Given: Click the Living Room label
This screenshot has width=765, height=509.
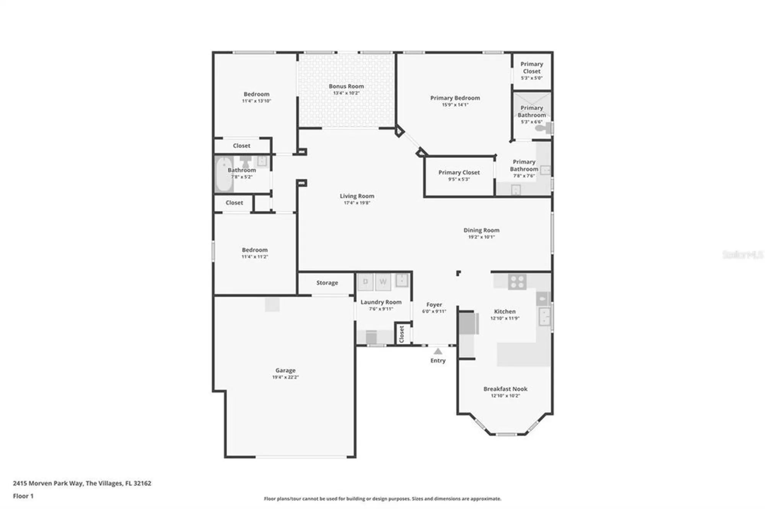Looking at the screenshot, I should pos(357,196).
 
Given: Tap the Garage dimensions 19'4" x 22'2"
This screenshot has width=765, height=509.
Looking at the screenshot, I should pos(285,377).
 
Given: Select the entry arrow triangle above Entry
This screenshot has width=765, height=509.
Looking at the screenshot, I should pos(438,352).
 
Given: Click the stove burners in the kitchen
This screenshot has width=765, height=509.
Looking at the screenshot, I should pos(517,282).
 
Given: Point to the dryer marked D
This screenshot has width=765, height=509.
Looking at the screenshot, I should pos(365,282).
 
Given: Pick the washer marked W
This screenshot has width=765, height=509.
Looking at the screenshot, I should pos(383,282).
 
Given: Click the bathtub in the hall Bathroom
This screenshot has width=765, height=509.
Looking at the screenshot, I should pos(223,175).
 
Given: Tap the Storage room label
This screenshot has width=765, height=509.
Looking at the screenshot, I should pos(327,283).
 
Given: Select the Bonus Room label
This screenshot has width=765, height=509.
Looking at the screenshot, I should pos(346,86).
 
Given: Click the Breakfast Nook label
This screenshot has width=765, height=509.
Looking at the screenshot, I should pos(505,389).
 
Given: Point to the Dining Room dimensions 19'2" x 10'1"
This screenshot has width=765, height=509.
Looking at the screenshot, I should pos(481,237).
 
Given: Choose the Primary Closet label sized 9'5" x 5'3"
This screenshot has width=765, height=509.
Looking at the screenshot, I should pos(459,173).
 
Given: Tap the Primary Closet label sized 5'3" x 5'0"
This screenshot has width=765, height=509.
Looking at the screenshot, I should pos(532,68).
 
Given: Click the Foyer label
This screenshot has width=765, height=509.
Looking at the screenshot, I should pos(434,305).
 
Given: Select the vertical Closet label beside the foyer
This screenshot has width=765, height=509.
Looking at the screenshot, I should pos(402,334).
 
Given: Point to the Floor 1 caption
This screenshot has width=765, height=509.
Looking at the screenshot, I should pos(23,496).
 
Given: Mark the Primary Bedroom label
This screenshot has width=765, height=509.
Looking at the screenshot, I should pos(455,98).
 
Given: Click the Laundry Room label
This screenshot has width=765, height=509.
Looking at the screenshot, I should pos(381,302).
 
